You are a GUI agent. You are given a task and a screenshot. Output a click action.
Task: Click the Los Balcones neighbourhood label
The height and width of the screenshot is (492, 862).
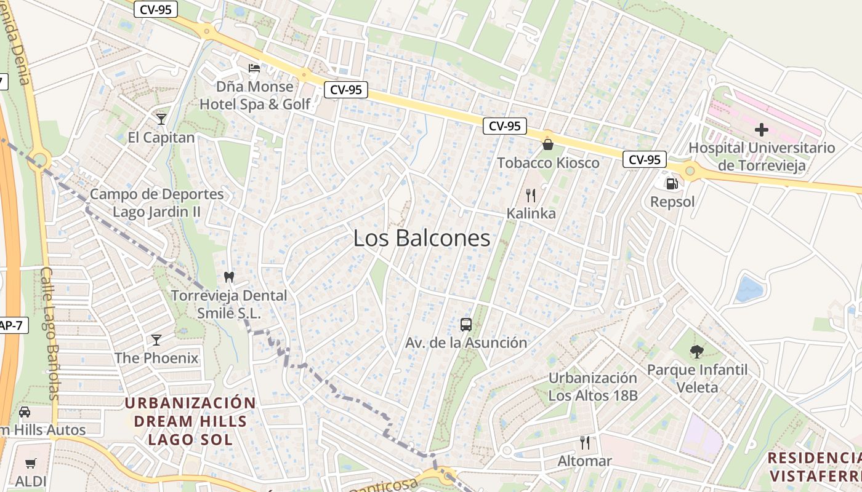[422, 239]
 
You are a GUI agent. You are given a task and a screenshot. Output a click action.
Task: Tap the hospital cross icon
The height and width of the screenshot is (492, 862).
[762, 130]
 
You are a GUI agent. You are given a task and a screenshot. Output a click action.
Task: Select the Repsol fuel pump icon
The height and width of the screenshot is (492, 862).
[672, 183]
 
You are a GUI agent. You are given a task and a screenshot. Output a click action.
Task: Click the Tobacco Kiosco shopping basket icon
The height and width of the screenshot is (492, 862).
[547, 145]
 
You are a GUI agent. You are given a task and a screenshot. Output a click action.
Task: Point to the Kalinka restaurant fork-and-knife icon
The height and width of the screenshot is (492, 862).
[531, 196]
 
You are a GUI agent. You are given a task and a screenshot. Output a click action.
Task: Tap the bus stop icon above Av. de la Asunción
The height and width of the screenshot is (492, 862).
[466, 324]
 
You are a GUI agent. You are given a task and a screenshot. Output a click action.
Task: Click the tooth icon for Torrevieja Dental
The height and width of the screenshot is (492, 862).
[229, 277]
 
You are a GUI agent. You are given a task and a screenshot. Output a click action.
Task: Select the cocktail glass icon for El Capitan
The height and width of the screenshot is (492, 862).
[161, 119]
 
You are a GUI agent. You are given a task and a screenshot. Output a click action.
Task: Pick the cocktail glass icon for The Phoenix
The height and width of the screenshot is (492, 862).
[156, 339]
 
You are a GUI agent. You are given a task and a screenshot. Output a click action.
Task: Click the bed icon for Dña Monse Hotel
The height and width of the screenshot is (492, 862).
[254, 68]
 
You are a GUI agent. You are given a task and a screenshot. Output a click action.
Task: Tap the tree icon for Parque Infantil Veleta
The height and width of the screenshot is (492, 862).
[696, 352]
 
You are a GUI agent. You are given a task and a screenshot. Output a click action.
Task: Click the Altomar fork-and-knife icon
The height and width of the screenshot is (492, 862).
[585, 442]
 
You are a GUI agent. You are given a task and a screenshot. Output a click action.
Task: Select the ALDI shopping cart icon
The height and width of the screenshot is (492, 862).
[31, 463]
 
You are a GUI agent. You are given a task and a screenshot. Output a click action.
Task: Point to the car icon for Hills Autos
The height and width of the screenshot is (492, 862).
[25, 411]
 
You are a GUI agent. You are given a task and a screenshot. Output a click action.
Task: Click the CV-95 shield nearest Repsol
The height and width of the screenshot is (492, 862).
[645, 160]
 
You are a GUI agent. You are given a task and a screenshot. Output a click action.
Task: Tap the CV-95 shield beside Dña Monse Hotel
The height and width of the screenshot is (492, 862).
[345, 90]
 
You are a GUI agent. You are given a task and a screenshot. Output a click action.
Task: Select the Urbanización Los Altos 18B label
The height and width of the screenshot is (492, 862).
[592, 386]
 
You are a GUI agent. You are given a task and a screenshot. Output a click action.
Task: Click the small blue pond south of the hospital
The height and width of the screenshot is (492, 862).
[749, 288]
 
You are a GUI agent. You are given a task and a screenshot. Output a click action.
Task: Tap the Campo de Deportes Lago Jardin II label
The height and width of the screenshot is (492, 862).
[157, 203]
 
